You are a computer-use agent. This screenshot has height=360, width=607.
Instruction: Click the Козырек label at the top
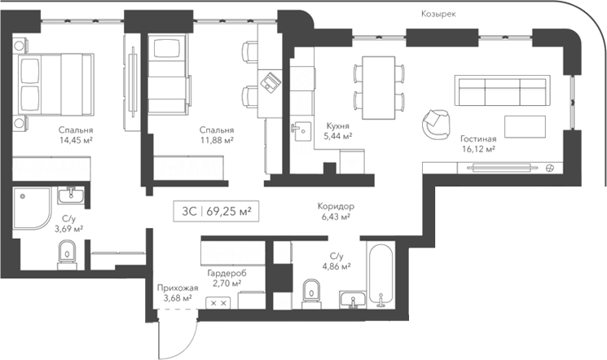438,14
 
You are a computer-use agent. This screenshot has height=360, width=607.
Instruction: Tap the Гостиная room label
477,139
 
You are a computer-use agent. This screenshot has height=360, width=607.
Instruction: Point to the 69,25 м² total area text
228,210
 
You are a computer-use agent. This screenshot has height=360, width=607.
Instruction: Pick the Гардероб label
227,273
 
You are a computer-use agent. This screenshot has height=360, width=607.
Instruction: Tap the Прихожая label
178,288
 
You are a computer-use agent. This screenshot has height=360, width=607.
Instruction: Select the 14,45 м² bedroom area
76,140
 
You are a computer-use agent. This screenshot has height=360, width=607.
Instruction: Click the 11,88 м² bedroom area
217,140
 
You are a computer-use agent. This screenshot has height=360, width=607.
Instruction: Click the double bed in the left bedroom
51,85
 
